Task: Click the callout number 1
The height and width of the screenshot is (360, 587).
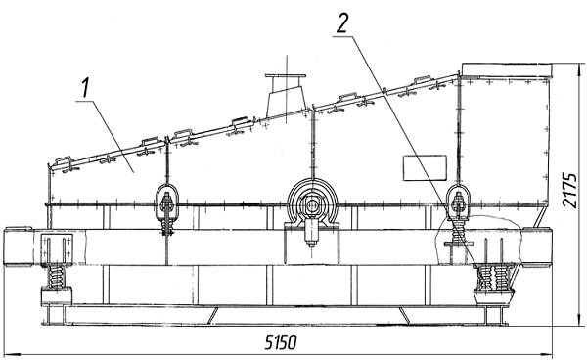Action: point(86,88)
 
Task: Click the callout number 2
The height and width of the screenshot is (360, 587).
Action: point(341,22)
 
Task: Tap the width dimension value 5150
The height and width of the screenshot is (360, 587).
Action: point(281,342)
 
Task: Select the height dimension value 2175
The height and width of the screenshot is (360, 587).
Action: point(569,190)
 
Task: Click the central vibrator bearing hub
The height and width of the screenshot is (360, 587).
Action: point(312,204)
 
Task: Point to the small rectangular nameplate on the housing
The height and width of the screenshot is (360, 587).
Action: point(425,167)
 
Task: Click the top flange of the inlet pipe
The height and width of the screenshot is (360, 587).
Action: point(286,76)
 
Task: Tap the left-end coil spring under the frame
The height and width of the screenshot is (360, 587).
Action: point(58,278)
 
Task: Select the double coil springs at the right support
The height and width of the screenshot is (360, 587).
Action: point(492,278)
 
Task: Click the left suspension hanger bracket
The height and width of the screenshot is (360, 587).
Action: point(167,202)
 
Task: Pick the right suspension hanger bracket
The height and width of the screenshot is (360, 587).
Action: point(458,202)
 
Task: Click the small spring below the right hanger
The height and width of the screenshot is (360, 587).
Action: point(458,230)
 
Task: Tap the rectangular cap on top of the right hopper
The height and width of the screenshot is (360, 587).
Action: point(507,69)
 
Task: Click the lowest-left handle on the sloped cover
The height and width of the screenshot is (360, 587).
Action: point(63,161)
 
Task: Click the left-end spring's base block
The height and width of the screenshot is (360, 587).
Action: point(57,295)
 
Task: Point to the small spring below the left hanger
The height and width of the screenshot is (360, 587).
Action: point(167,227)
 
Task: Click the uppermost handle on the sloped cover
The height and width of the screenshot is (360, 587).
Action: point(424,80)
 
